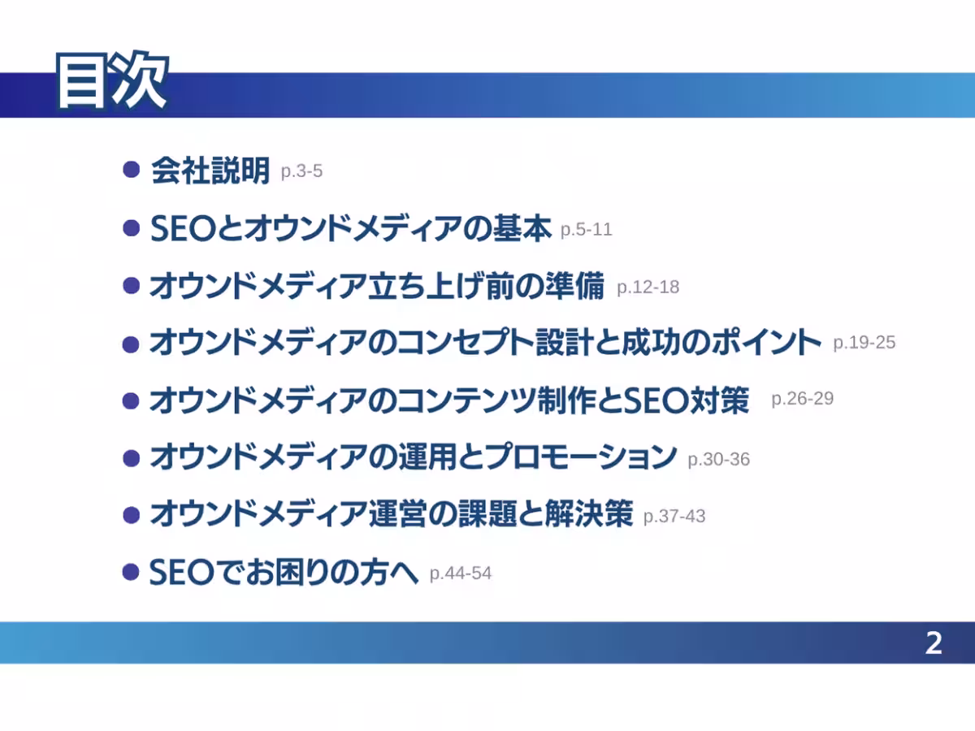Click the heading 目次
pyautogui.click(x=112, y=80)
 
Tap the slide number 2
pyautogui.click(x=934, y=643)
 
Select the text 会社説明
pyautogui.click(x=210, y=171)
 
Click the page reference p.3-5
pyautogui.click(x=301, y=171)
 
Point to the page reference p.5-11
pyautogui.click(x=587, y=230)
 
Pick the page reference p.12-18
pyautogui.click(x=648, y=288)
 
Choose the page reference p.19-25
pyautogui.click(x=864, y=343)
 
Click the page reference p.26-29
pyautogui.click(x=802, y=399)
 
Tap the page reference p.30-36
pyautogui.click(x=719, y=460)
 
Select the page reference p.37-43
pyautogui.click(x=674, y=517)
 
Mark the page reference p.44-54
pyautogui.click(x=461, y=573)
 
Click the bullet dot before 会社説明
pyautogui.click(x=132, y=170)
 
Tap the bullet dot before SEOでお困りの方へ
pyautogui.click(x=131, y=572)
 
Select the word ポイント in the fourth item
pyautogui.click(x=766, y=342)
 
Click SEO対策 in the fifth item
pyautogui.click(x=687, y=400)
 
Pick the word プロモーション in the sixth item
pyautogui.click(x=581, y=456)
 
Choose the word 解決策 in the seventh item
pyautogui.click(x=589, y=513)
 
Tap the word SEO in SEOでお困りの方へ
pyautogui.click(x=182, y=573)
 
